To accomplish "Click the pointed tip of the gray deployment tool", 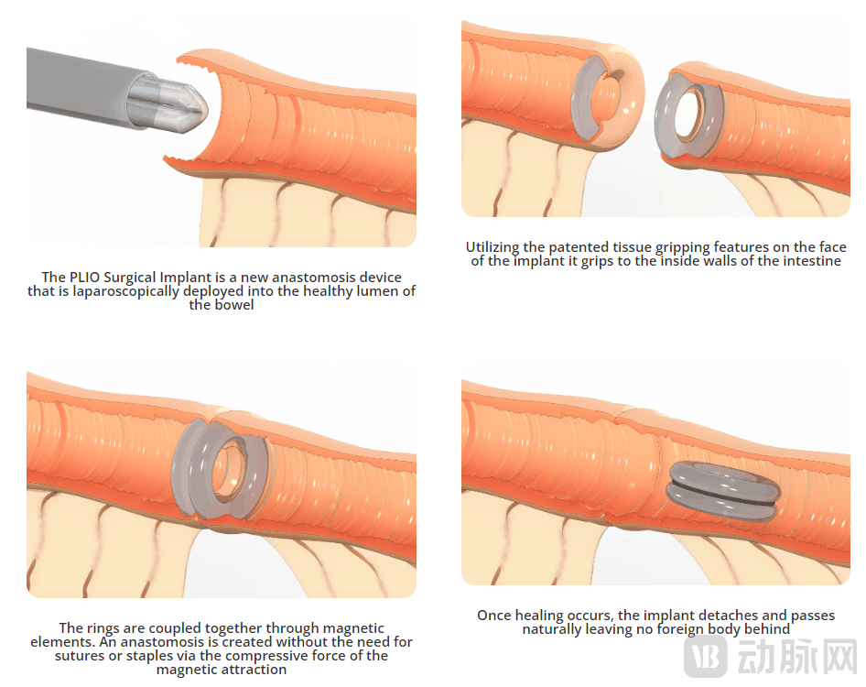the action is [207, 107].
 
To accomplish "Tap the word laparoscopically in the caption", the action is [126, 292].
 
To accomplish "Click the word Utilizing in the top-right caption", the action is [493, 247].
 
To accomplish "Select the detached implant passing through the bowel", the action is [723, 491].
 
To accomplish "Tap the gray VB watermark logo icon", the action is [705, 656].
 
